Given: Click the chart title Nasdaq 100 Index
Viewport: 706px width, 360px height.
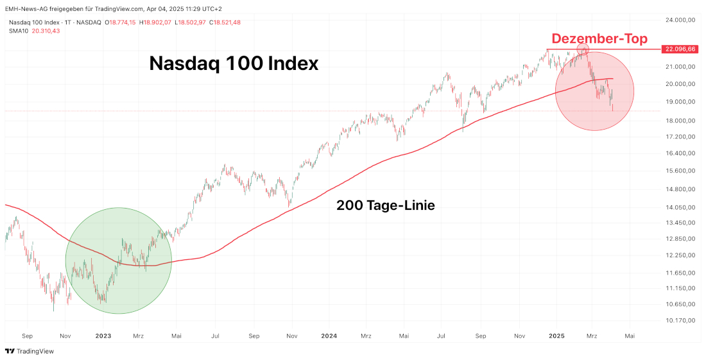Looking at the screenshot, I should [x=234, y=63].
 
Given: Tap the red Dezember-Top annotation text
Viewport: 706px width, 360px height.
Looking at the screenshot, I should [x=599, y=39].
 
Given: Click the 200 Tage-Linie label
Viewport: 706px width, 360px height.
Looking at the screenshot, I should [x=386, y=205].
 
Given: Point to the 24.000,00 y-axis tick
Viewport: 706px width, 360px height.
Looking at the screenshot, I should [x=681, y=20].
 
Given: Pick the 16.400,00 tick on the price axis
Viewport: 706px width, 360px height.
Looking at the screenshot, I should [x=681, y=153].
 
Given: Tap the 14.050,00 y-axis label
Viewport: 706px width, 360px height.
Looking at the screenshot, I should [x=681, y=207].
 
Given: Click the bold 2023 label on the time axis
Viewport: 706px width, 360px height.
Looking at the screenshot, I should [x=103, y=336].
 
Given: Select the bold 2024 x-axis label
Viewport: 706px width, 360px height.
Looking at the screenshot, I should [x=329, y=336].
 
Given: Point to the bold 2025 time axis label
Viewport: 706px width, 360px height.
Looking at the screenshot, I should [x=556, y=336].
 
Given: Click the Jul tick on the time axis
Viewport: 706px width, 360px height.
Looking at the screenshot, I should [x=216, y=336].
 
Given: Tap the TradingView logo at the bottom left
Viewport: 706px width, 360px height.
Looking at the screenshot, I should [x=30, y=351].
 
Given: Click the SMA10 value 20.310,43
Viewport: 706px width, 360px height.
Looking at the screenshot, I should [x=46, y=31].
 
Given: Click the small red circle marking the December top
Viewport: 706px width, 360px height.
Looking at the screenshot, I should [x=583, y=49].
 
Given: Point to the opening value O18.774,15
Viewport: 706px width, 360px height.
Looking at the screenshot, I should [x=123, y=22].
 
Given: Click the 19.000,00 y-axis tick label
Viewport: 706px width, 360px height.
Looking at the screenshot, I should [x=681, y=101].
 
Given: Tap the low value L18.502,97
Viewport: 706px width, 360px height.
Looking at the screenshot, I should [x=189, y=22].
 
